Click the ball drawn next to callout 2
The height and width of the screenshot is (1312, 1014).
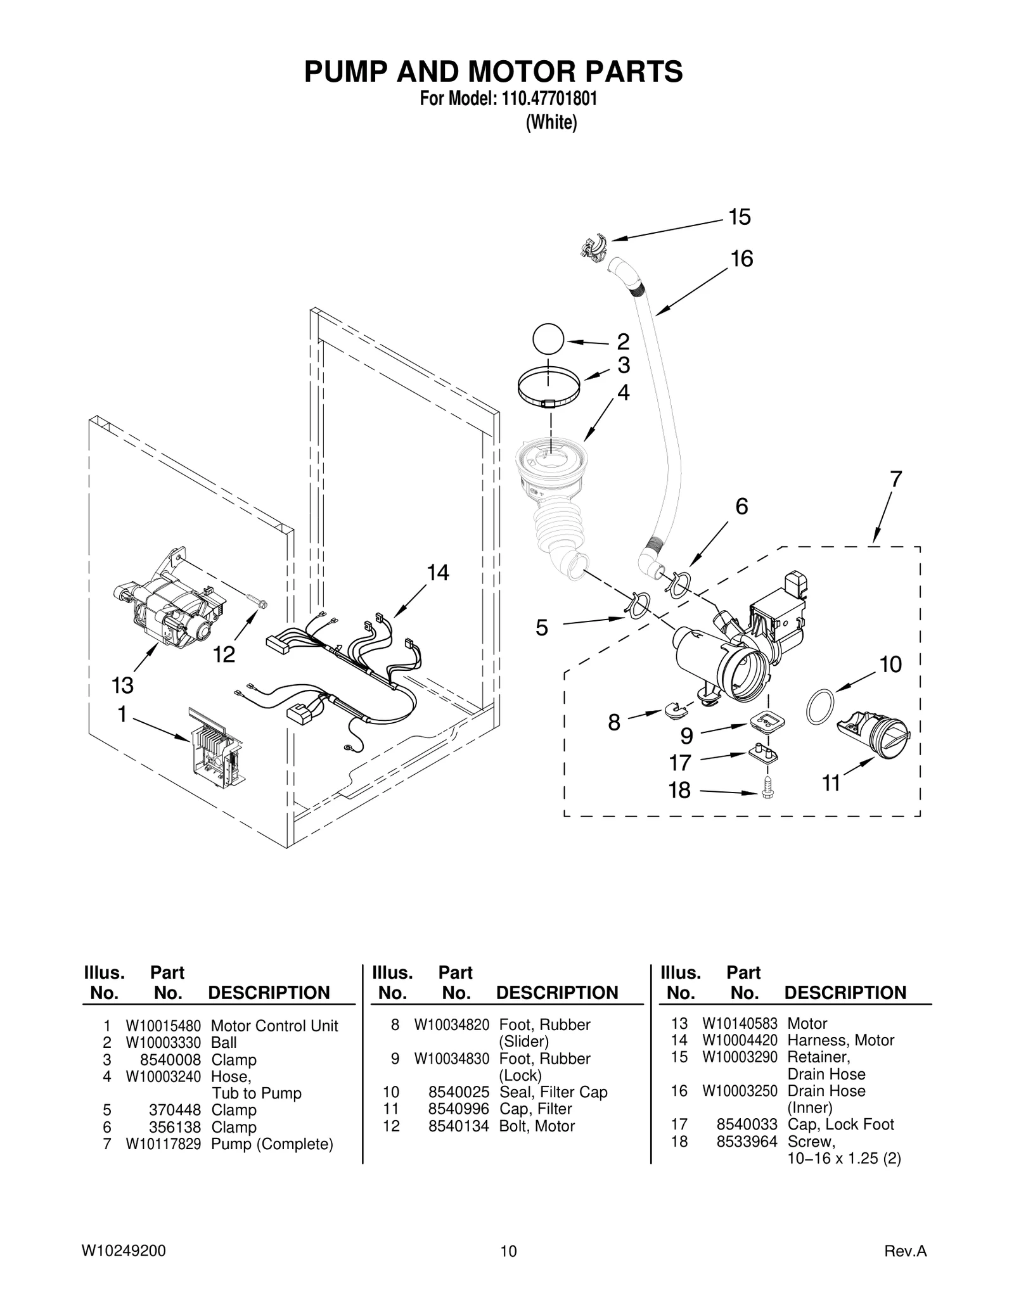click(548, 340)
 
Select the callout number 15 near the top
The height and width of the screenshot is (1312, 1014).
click(739, 217)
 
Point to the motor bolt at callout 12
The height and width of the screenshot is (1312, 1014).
click(255, 600)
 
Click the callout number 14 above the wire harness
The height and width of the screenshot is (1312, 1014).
click(437, 573)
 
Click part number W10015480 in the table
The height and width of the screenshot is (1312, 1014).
click(163, 1026)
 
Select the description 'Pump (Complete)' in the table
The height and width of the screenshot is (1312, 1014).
click(272, 1144)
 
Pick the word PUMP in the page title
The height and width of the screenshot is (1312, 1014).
click(345, 72)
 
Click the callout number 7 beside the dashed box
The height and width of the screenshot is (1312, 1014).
click(895, 480)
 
